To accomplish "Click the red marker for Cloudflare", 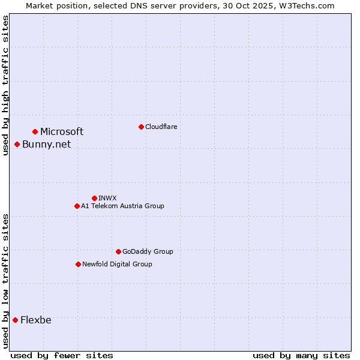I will click(x=141, y=127).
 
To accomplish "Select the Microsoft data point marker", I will click(x=35, y=131).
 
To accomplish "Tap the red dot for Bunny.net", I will click(x=17, y=144).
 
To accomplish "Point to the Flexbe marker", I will click(x=15, y=320).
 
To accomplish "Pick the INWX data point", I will click(x=94, y=198).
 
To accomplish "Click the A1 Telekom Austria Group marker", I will click(x=77, y=206).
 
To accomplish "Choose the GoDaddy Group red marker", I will click(x=118, y=251).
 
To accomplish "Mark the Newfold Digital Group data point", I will click(x=78, y=264).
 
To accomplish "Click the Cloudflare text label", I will click(x=161, y=127).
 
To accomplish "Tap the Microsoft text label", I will click(x=62, y=131).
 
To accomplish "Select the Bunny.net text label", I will click(x=46, y=144).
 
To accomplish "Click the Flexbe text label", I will click(x=36, y=320).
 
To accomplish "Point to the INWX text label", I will click(x=107, y=198).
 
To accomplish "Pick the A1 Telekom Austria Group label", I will click(x=122, y=206).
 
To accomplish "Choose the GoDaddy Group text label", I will click(x=148, y=251).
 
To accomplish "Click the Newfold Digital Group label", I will click(x=117, y=264).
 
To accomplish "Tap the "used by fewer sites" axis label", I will click(x=62, y=355).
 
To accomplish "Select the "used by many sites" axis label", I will click(x=301, y=355).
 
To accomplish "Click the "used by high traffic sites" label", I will click(x=5, y=85).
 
